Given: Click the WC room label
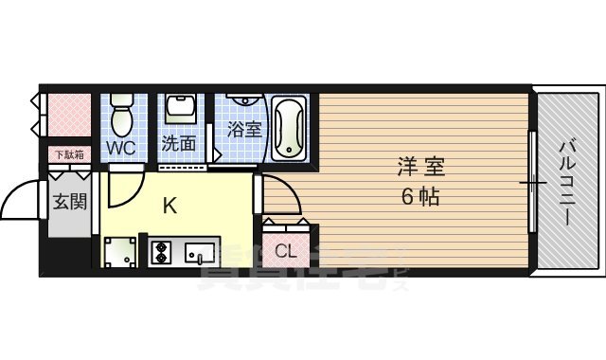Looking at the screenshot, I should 120,148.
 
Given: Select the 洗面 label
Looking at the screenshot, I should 178,145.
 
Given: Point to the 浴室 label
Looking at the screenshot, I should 244,130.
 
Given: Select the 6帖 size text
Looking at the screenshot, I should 420,199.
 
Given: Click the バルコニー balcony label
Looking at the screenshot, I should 567,180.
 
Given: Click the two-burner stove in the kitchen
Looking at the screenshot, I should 160,252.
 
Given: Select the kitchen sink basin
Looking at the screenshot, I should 201,252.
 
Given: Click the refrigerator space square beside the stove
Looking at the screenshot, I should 120,254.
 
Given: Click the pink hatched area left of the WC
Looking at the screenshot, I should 68,115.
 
